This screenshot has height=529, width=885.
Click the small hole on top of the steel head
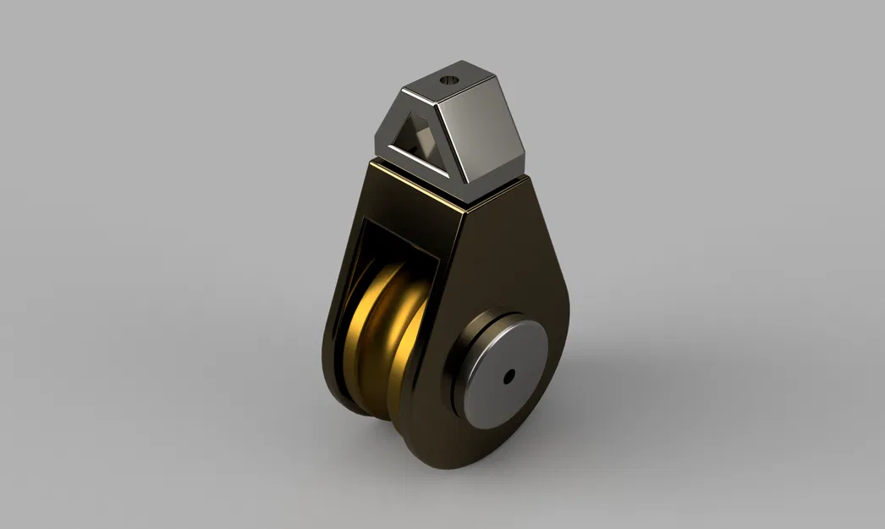click(448, 81)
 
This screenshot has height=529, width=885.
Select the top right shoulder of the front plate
click(529, 190)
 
